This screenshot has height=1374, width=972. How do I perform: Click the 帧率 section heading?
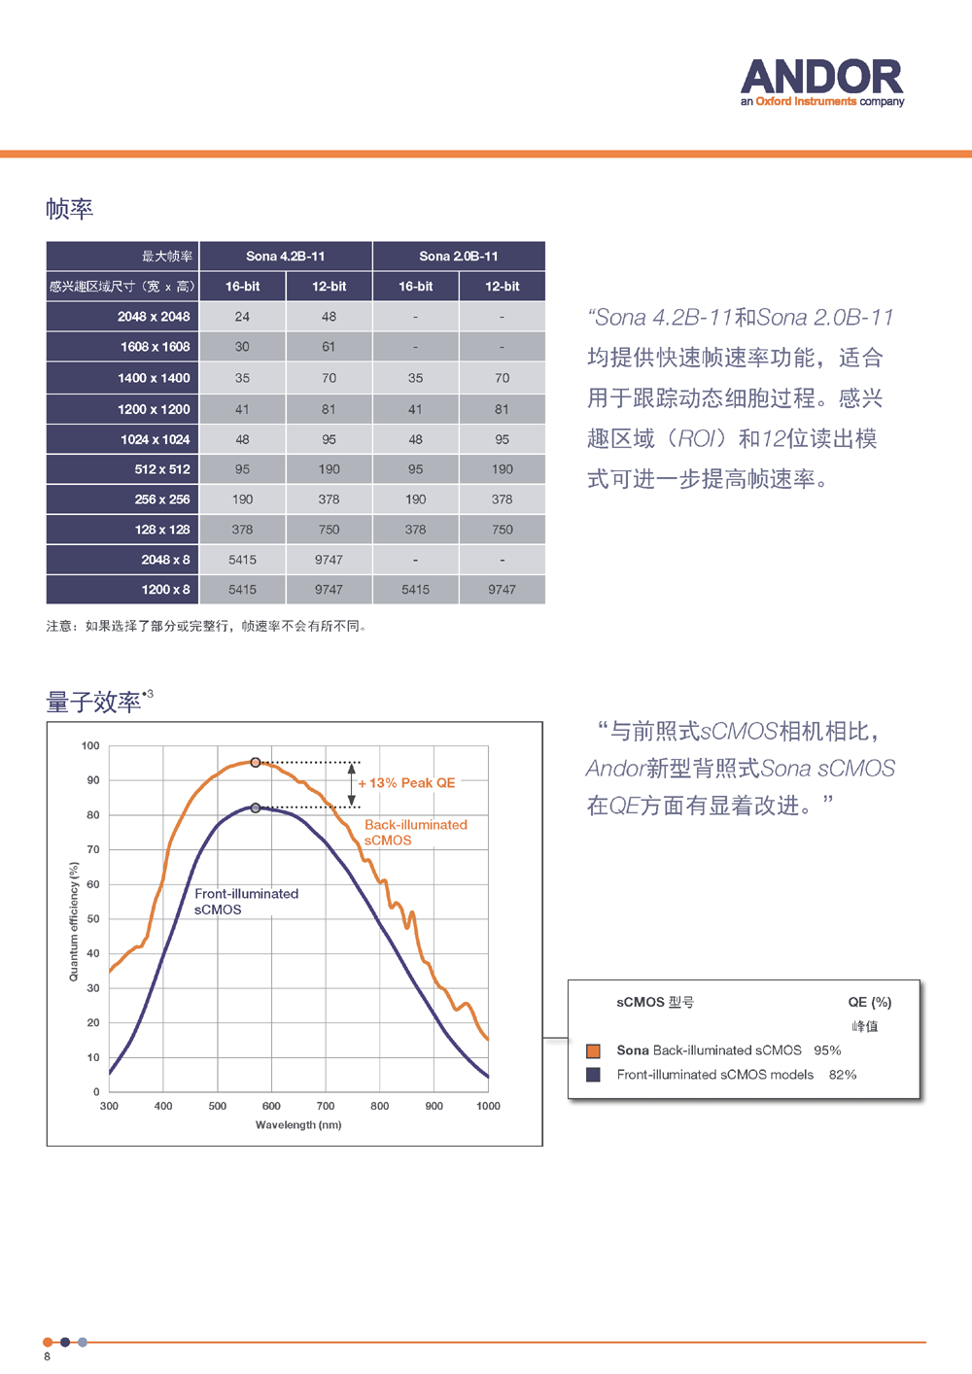tap(69, 209)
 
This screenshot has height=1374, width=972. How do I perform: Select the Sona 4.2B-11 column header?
tap(285, 257)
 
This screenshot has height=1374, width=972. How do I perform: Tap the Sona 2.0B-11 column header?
tap(458, 257)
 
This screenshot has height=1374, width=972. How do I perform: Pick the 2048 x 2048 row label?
tap(154, 317)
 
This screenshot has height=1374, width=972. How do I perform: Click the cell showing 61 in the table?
tap(329, 347)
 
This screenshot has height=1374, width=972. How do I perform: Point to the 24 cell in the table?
tap(242, 317)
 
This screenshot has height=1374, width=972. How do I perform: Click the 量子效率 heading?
tap(93, 702)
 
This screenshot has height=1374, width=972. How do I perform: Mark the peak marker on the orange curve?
tap(256, 763)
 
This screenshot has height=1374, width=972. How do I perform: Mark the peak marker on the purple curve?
tap(256, 807)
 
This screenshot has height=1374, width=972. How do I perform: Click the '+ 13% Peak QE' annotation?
tap(407, 783)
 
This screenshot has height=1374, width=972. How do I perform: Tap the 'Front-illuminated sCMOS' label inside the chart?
tap(246, 902)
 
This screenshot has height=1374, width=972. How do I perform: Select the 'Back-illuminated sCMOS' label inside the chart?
tap(415, 833)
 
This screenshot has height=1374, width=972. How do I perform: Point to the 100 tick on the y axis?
tap(90, 746)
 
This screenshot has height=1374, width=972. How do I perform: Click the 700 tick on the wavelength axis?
tap(326, 1106)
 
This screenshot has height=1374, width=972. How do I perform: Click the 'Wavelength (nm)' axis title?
tap(298, 1125)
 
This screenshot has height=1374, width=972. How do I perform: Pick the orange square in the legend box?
tap(593, 1050)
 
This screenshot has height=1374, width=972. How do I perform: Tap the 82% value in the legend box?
tap(843, 1075)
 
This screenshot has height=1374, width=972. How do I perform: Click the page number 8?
tap(47, 1357)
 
